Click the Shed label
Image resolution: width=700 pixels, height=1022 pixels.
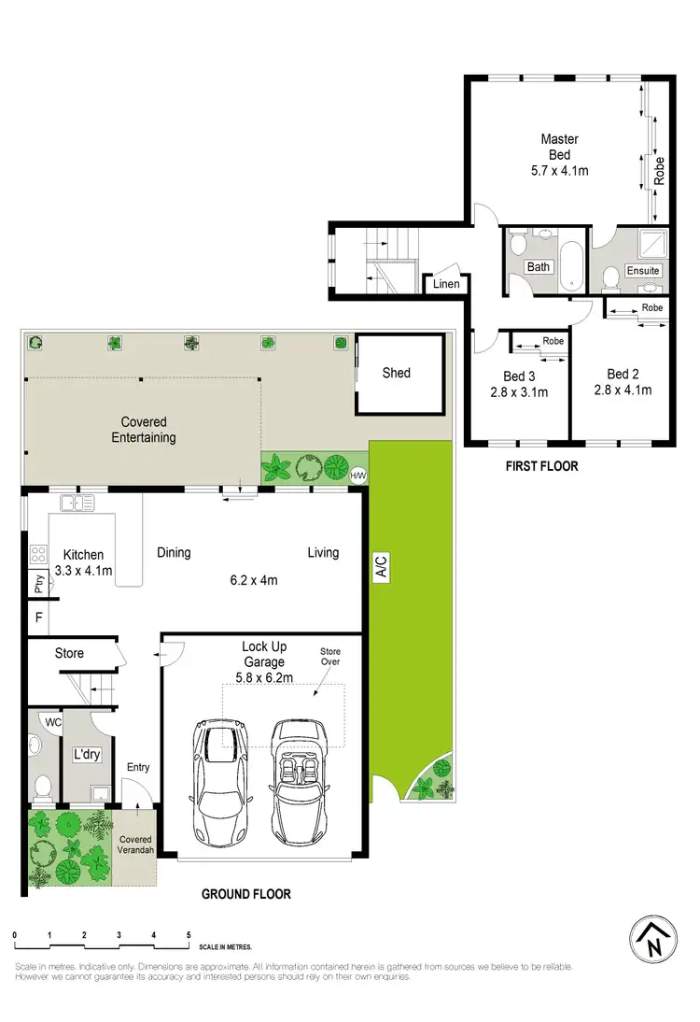tap(397, 373)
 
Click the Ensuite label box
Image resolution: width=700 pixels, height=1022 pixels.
tap(643, 271)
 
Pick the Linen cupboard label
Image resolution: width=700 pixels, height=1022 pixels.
tap(446, 283)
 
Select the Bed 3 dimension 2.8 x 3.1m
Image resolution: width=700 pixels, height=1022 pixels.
tap(518, 391)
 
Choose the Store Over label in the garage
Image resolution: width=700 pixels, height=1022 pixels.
tap(331, 657)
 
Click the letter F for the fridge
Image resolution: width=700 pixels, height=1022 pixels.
tap(39, 617)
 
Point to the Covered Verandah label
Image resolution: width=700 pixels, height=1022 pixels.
tap(135, 845)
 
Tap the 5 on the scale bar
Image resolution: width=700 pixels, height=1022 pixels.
tap(189, 934)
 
